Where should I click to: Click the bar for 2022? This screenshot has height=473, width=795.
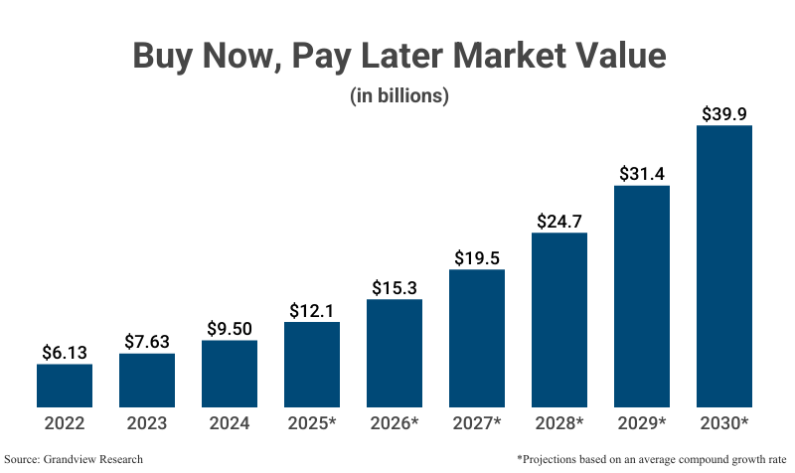65,386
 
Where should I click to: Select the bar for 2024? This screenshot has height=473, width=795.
230,374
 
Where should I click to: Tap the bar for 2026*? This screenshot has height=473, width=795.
395,353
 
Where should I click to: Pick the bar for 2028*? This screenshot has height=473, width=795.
559,320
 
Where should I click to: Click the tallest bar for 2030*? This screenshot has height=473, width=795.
724,266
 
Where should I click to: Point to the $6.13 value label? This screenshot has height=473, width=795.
65,352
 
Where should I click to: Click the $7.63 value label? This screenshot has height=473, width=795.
147,341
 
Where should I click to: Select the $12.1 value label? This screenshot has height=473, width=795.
312,310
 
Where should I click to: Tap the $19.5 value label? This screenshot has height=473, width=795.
477,257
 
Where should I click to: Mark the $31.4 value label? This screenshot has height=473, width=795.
642,174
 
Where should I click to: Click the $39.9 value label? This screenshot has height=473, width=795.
724,113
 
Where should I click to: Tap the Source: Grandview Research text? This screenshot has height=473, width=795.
74,459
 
